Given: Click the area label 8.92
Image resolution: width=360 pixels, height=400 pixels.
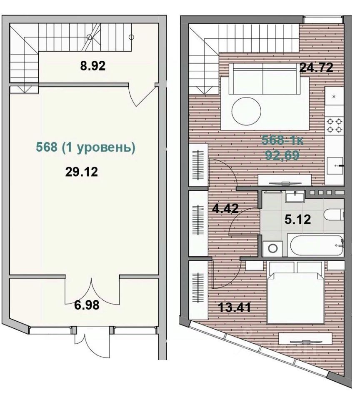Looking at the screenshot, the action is tap(92, 66).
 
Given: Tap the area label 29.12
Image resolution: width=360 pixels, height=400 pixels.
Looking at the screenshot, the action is tap(82, 172).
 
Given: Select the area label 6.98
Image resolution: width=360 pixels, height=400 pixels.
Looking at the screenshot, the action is tap(87, 305).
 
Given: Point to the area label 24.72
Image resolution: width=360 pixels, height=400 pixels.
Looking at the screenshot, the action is tap(316, 67).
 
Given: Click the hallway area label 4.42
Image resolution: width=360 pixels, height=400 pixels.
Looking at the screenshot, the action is tap(225, 208).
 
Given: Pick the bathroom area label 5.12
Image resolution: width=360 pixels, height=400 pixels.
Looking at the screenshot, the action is tap(298, 220).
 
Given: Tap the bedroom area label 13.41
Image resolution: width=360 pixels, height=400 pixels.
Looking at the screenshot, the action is tap(235, 307).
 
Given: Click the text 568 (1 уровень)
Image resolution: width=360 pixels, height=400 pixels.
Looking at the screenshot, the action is tap(85, 147).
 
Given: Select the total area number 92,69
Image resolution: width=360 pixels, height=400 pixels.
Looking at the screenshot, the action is tap(282, 155).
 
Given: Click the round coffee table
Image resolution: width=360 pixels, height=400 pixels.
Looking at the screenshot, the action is tap(246, 112).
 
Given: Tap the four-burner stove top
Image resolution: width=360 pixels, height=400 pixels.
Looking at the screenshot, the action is tap(335, 125).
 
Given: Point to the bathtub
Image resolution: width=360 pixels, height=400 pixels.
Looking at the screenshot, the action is tap(316, 245).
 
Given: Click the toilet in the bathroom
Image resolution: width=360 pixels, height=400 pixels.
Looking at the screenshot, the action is tap(334, 214).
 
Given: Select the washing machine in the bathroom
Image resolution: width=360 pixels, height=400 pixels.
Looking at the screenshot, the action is tap(272, 248).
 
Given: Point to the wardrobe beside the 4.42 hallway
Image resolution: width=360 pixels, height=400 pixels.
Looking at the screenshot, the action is tap(198, 223).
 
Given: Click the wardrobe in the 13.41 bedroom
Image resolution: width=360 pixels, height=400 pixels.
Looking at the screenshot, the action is tap(198, 290).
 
